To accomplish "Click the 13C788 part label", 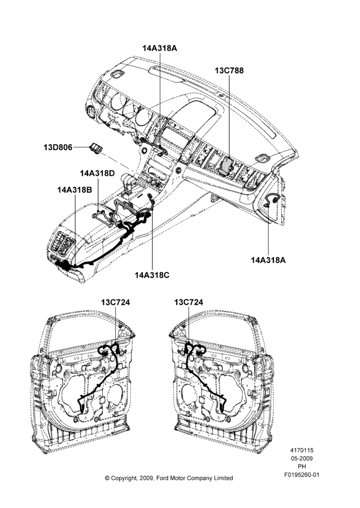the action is (229, 70).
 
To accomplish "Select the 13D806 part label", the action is (58, 147).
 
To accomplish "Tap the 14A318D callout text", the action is (97, 173).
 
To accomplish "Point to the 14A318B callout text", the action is (75, 189).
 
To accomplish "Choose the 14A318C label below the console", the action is (152, 275).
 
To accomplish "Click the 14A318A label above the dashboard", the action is (160, 48).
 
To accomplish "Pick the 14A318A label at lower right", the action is (268, 260).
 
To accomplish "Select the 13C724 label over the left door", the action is (115, 302).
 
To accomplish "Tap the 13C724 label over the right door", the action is (189, 302).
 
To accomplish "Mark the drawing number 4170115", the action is (302, 450).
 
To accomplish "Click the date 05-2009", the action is (302, 458).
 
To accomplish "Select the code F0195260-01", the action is (302, 475).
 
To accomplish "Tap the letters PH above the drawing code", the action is (302, 467).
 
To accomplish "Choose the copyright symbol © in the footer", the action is (107, 478).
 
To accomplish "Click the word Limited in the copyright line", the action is (223, 478).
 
